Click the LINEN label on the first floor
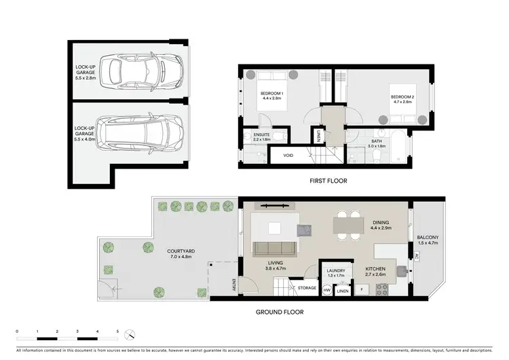(318, 137)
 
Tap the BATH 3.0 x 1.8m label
(376, 143)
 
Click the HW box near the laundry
(326, 290)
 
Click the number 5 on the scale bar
(118, 331)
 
